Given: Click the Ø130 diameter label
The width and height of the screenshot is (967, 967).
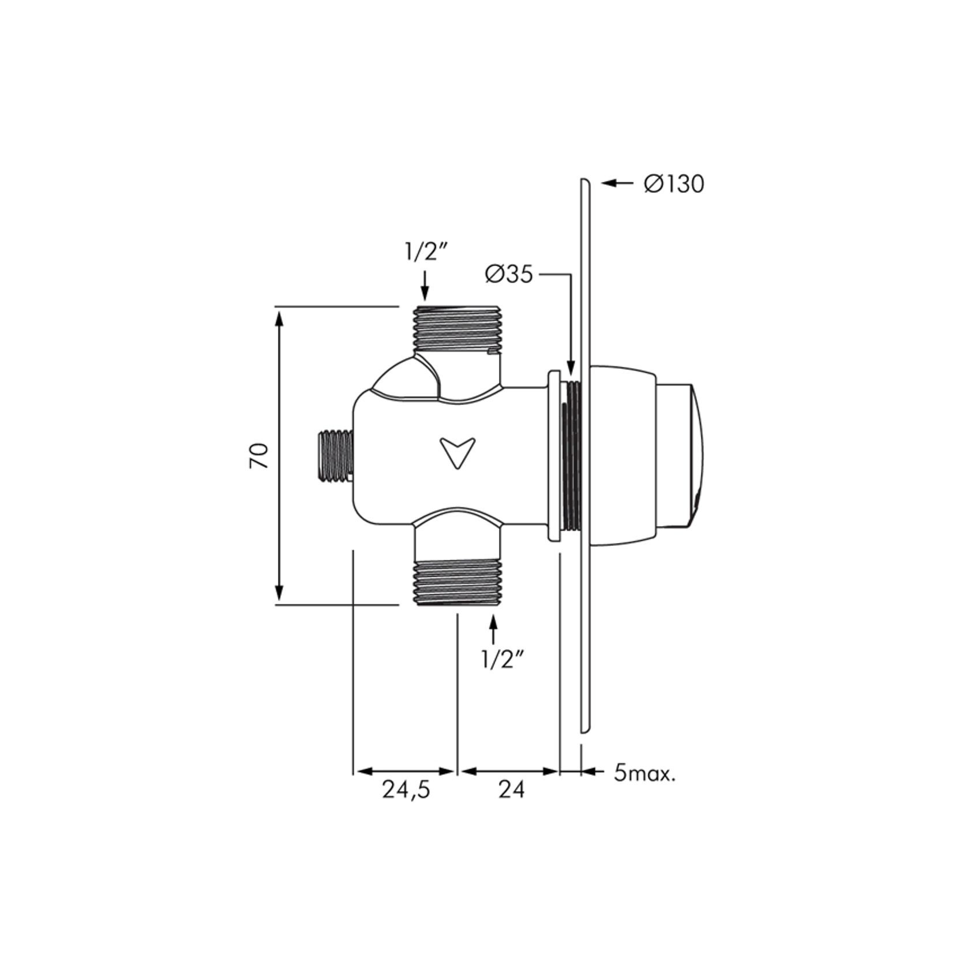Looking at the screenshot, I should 674,184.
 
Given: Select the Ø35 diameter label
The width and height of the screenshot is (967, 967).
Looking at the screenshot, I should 509,275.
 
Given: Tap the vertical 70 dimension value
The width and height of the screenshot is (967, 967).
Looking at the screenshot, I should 260,456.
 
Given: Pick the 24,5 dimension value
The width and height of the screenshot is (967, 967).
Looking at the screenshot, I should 406,790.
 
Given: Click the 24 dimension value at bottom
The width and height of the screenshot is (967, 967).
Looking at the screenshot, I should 512,790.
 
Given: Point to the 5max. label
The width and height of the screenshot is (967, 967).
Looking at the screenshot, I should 644,773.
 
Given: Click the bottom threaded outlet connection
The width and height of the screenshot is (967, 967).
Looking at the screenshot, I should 457,583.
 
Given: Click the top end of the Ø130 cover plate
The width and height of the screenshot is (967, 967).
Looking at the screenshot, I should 584,182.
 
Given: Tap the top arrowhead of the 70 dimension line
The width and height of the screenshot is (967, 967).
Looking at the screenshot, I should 279,318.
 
